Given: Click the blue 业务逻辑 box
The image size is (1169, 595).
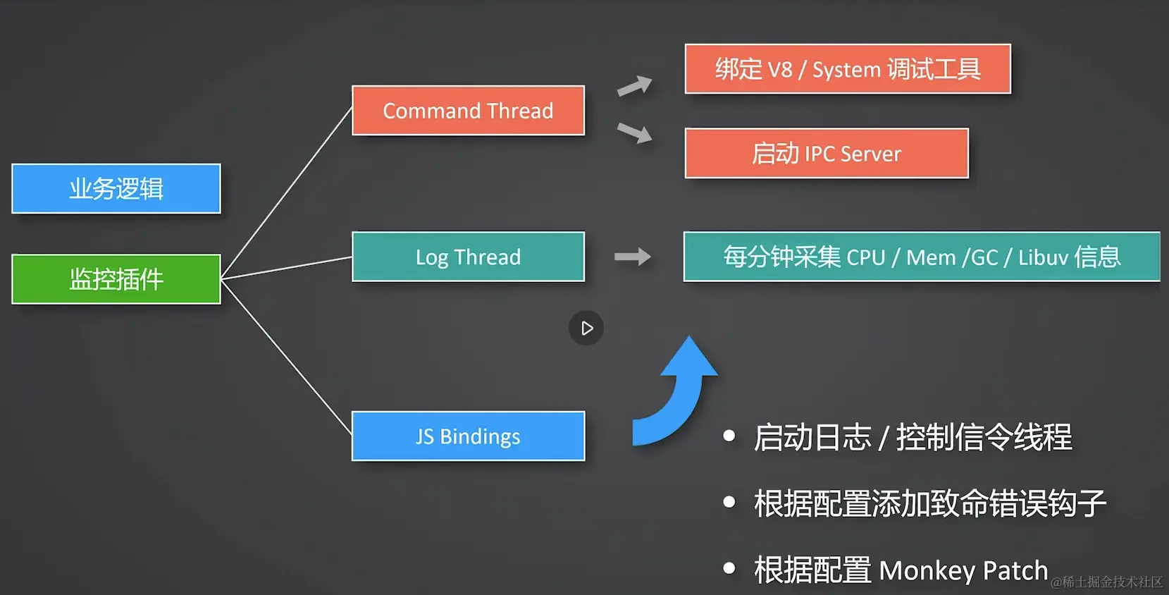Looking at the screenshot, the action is [x=116, y=188].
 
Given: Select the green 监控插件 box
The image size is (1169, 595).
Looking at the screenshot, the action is [x=116, y=278].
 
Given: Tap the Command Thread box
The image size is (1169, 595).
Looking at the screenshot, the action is [x=468, y=111].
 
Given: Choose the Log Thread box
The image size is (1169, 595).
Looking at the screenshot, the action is [x=468, y=257].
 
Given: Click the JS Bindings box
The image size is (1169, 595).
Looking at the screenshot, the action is [x=468, y=436].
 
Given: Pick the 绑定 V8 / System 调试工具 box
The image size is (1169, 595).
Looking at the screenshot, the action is [x=848, y=69].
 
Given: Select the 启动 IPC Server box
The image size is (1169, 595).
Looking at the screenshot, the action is [x=827, y=154].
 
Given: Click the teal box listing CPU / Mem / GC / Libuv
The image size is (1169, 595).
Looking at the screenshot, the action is [x=922, y=257].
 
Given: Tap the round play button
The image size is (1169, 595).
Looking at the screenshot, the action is [x=586, y=328].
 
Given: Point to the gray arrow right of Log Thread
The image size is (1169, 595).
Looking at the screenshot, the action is [x=633, y=257].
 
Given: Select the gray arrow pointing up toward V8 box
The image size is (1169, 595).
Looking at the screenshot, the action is [x=635, y=86].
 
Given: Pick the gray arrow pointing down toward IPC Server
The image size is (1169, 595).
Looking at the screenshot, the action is [x=635, y=133].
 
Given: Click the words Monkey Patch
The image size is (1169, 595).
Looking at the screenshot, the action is [x=963, y=570].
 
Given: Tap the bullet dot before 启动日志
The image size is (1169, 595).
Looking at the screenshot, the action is [x=729, y=435].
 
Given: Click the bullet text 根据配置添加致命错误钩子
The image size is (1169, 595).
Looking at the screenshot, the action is [x=930, y=503].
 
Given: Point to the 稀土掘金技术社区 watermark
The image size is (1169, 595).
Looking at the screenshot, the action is [x=1106, y=582].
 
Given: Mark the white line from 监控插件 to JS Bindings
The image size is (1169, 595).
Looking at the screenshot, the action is [x=287, y=357].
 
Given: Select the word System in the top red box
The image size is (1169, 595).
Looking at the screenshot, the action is [x=846, y=70].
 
